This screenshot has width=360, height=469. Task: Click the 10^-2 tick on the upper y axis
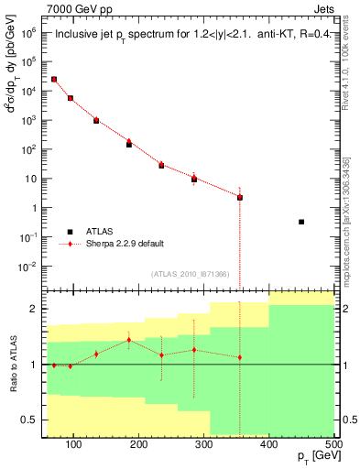(x=28, y=266)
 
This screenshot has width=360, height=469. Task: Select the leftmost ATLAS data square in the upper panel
(x=54, y=80)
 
